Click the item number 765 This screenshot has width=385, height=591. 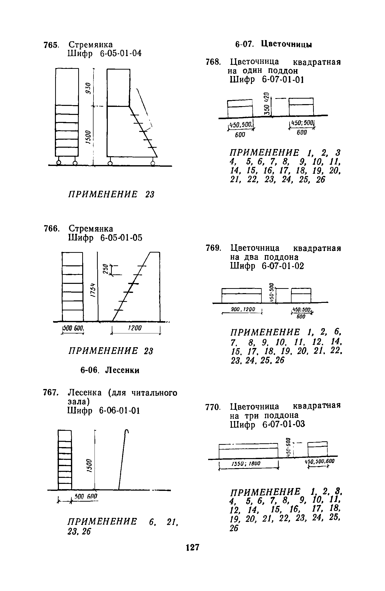click(51, 45)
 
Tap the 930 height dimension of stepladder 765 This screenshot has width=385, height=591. click(88, 88)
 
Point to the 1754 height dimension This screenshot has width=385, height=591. click(92, 290)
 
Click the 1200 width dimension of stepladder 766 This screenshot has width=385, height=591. click(135, 328)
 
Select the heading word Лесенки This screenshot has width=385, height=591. click(122, 370)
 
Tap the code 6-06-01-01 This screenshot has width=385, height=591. click(119, 411)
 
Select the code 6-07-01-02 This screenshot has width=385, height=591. click(283, 266)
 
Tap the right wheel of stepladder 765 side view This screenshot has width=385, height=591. click(152, 164)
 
